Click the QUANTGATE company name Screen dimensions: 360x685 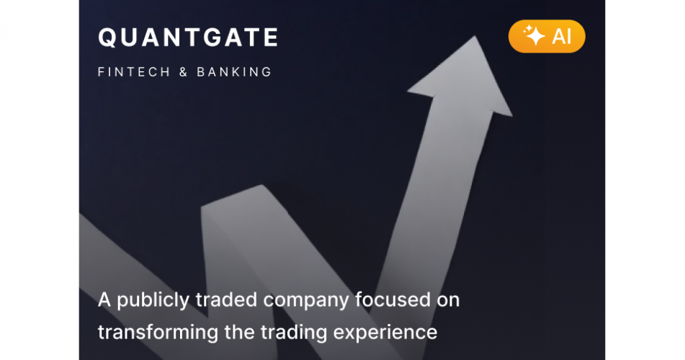click(188, 38)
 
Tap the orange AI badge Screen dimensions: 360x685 click(547, 36)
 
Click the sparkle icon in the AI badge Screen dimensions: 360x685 click(533, 36)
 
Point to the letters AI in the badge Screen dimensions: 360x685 click(562, 37)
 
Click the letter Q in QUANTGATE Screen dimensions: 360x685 click(107, 38)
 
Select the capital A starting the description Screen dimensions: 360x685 click(104, 300)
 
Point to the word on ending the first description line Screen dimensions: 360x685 click(446, 300)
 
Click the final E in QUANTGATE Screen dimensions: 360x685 click(270, 38)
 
